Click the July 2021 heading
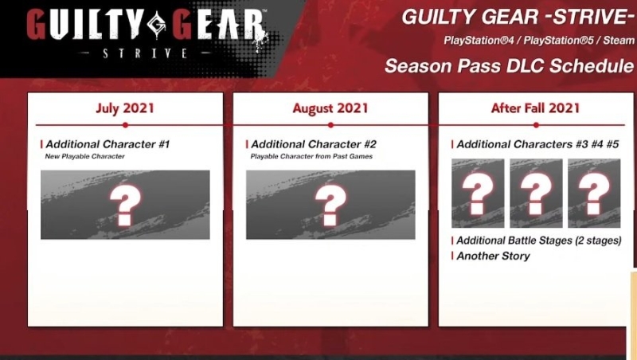(125, 108)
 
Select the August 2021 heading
(330, 108)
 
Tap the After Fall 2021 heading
(535, 108)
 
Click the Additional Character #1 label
(107, 144)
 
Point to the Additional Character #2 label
(313, 144)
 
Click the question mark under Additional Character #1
(125, 205)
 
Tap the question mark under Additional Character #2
(330, 205)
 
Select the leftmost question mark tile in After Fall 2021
(478, 194)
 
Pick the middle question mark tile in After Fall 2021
(536, 194)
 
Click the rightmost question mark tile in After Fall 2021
(594, 194)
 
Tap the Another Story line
(493, 256)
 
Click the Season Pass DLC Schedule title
(510, 66)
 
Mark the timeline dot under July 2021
(125, 125)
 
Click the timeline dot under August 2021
(330, 125)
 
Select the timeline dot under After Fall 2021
(535, 125)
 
